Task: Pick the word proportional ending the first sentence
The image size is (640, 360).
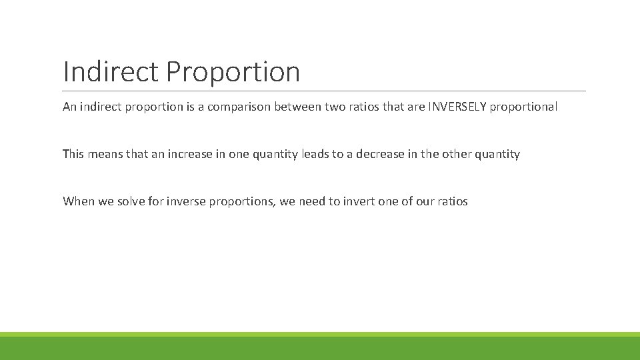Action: [523, 107]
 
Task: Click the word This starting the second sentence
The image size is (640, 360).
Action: [73, 154]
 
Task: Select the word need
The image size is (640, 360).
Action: [311, 201]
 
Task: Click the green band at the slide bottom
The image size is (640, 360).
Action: [320, 347]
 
